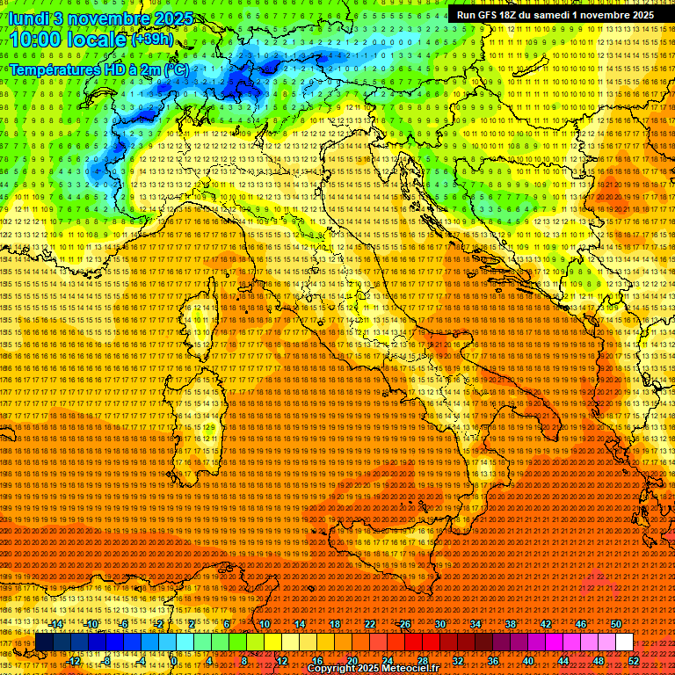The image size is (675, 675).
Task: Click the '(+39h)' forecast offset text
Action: [x=151, y=39]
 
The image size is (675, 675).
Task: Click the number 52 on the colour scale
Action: [x=634, y=661]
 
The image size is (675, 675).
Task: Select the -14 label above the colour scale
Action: [x=56, y=624]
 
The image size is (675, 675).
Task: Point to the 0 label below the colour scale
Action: [x=174, y=661]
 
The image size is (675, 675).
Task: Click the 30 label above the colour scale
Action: [x=440, y=624]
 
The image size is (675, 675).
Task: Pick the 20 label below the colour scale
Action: [x=352, y=661]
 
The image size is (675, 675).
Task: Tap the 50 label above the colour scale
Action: [x=616, y=624]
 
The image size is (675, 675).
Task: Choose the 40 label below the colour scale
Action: [x=528, y=661]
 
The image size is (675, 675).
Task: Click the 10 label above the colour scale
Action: [x=265, y=624]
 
